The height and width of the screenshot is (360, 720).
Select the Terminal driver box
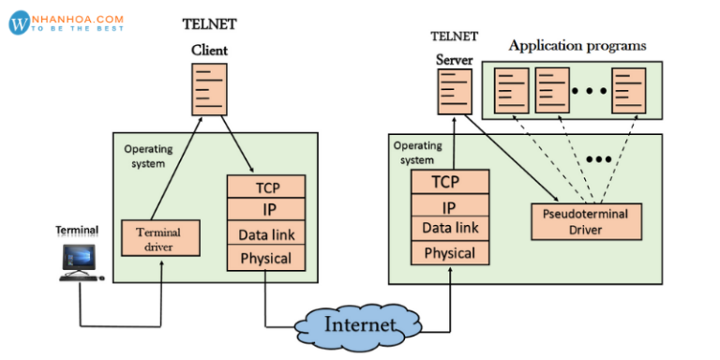pyautogui.click(x=161, y=239)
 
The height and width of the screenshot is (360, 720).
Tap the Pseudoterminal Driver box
pyautogui.click(x=587, y=220)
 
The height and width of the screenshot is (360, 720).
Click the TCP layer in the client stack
pyautogui.click(x=266, y=187)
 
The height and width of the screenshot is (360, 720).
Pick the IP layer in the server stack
pyautogui.click(x=449, y=206)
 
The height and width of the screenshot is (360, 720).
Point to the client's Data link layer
pyautogui.click(x=266, y=234)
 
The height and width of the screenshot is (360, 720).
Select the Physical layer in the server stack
pyautogui.click(x=449, y=253)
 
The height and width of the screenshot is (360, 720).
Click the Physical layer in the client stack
pyautogui.click(x=266, y=259)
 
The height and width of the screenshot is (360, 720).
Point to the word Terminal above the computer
pyautogui.click(x=77, y=230)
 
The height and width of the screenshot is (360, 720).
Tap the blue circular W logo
pyautogui.click(x=20, y=23)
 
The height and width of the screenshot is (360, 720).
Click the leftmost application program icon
pyautogui.click(x=511, y=91)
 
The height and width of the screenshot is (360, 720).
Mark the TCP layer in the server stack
pyautogui.click(x=449, y=182)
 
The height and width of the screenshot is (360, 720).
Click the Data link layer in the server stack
pyautogui.click(x=449, y=228)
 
